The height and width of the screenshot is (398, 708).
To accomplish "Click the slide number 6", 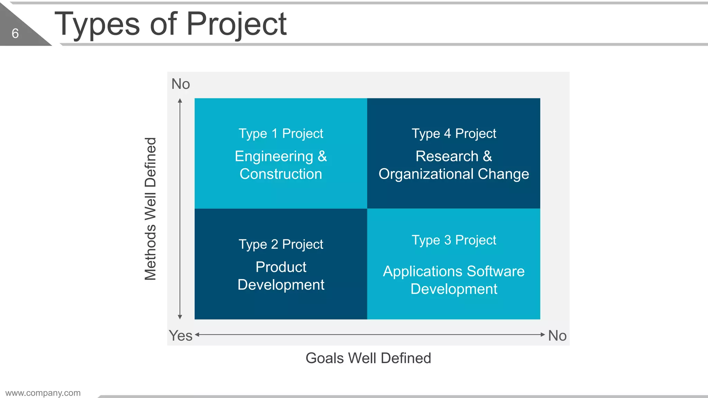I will (x=15, y=34).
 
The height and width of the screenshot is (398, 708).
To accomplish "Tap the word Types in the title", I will (x=97, y=24).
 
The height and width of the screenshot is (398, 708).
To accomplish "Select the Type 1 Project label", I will (x=281, y=134).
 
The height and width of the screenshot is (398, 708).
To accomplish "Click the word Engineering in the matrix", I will (x=274, y=157).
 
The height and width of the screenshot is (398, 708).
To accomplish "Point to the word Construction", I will (x=281, y=174).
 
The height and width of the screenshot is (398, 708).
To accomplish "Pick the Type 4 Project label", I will (x=454, y=134).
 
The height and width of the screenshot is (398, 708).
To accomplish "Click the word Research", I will (x=447, y=157).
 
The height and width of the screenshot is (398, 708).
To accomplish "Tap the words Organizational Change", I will (x=454, y=174).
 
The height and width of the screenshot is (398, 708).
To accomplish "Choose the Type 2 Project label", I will (x=281, y=245).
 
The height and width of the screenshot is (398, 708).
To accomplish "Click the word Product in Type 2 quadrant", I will (x=281, y=267).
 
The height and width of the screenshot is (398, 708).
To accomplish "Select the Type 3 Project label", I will (x=454, y=240).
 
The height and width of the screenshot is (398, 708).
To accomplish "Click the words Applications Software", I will (x=454, y=272).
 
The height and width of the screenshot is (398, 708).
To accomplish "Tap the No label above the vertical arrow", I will (x=180, y=84).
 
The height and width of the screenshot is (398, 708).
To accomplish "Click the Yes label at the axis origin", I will (x=180, y=336).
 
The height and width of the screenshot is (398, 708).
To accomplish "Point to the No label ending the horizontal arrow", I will (x=557, y=336).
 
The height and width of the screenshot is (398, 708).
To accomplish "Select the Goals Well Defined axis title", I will (x=368, y=358).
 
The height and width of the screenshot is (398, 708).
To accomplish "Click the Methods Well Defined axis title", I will (x=151, y=209).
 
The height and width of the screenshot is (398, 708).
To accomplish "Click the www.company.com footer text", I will (x=43, y=393).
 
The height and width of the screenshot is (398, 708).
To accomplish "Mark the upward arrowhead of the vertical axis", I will (x=180, y=101).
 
